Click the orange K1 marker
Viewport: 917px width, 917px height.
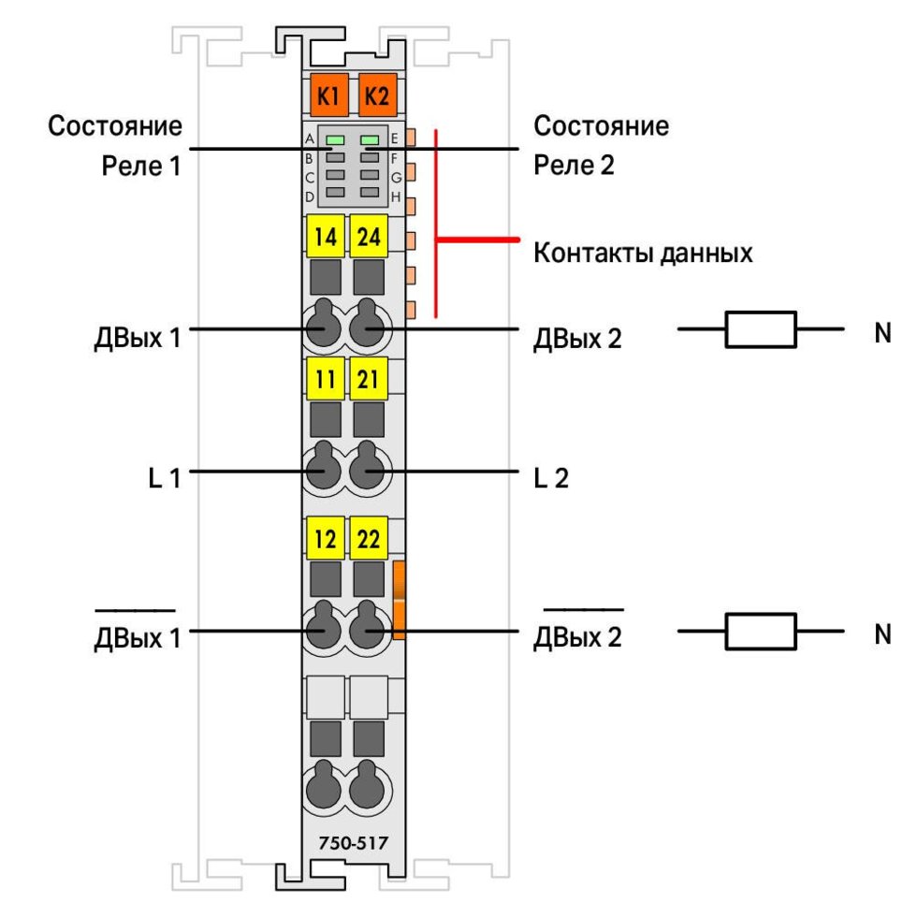(x=327, y=95)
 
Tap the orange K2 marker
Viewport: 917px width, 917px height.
(x=376, y=95)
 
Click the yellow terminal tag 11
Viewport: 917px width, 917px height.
(x=326, y=379)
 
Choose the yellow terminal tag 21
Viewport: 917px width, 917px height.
(x=370, y=379)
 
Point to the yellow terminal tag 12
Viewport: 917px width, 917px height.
(x=326, y=540)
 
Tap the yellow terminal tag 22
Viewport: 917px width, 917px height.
(x=370, y=540)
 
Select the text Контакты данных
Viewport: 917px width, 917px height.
(x=643, y=253)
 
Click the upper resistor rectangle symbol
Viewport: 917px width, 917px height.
(x=761, y=329)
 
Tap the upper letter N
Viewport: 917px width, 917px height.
(x=881, y=333)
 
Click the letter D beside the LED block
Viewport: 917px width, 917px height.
(x=310, y=196)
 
